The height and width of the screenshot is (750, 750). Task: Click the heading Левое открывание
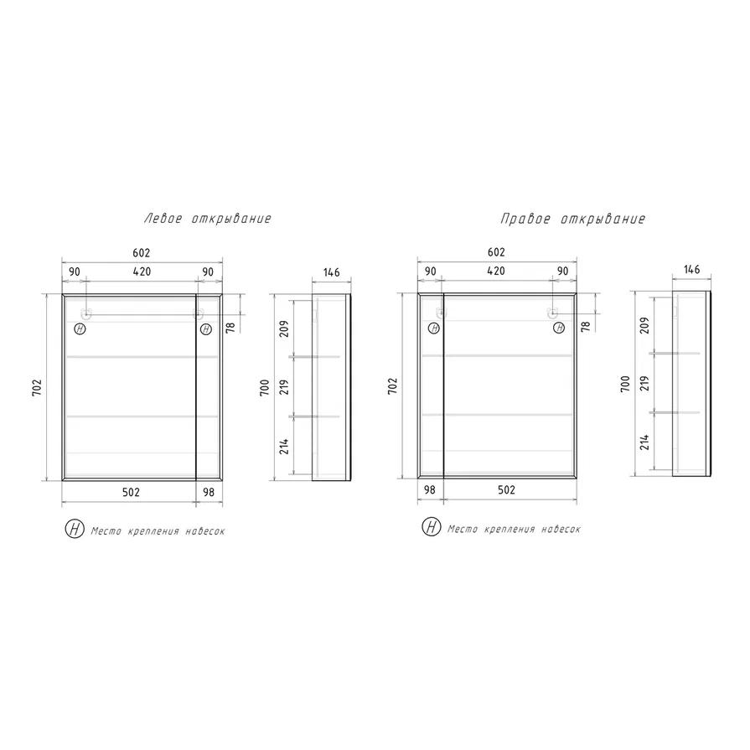coord(208,219)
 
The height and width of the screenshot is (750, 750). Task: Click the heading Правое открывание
coord(572,219)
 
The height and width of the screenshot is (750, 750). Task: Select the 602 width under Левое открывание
coord(142,252)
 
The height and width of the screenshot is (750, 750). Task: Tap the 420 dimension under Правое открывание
coord(496,271)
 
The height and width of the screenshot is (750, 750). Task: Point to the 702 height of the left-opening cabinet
coord(38,387)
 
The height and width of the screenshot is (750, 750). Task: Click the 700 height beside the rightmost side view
coord(625,384)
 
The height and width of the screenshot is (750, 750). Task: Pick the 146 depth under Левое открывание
coord(332,272)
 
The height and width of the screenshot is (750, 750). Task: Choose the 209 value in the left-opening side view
coord(284,328)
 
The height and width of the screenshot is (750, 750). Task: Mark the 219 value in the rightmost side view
coord(644,383)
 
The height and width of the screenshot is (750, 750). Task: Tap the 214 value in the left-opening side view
coord(284,446)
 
